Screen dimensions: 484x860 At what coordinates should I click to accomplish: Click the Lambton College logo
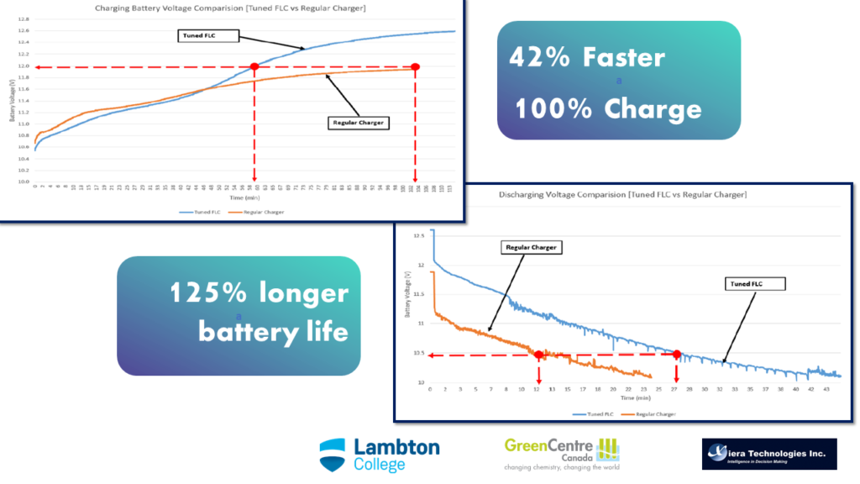click(379, 455)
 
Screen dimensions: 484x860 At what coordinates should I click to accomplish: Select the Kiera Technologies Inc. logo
click(768, 454)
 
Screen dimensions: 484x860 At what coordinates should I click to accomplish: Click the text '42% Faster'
click(587, 57)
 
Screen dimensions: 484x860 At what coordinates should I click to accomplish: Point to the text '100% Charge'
click(608, 109)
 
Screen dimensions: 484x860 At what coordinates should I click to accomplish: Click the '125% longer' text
click(259, 293)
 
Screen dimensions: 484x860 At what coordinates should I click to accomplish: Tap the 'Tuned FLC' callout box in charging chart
click(208, 35)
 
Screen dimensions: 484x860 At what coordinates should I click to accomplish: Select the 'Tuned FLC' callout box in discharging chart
click(755, 284)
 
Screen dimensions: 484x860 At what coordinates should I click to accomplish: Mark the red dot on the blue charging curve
click(254, 66)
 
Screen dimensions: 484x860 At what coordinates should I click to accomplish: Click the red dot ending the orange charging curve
click(415, 66)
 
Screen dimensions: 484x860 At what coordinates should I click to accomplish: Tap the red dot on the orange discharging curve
click(538, 355)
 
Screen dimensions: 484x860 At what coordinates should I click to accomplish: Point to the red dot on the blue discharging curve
click(676, 355)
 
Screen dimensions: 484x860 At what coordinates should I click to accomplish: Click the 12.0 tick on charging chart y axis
click(24, 66)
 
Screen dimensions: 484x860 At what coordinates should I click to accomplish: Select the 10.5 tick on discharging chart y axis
click(419, 353)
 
